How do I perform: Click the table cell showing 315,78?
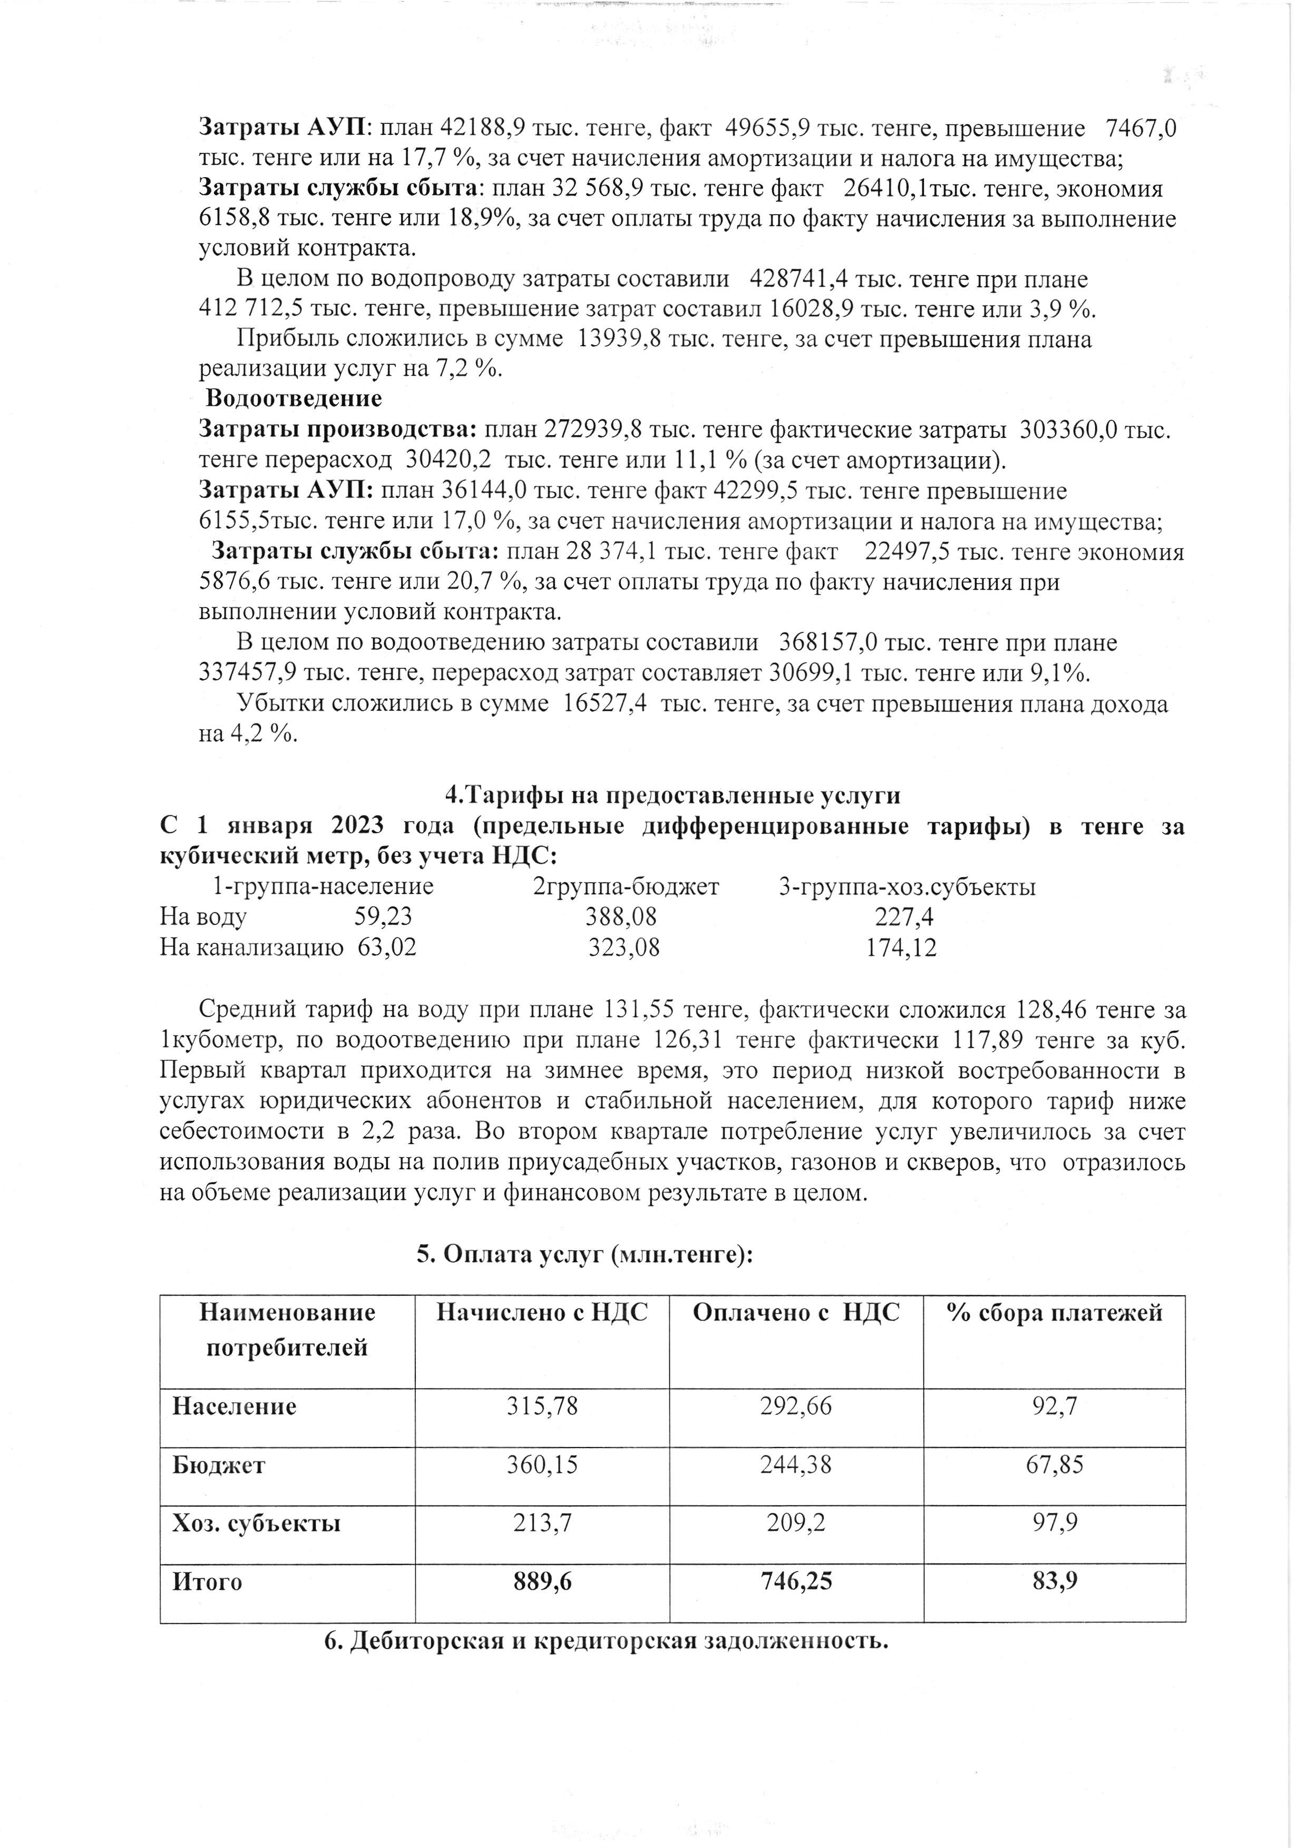point(542,1406)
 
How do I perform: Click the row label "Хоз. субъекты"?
point(256,1523)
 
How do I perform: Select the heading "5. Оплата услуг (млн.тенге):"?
point(584,1255)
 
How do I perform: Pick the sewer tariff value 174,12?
point(901,947)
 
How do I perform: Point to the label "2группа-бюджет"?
point(626,887)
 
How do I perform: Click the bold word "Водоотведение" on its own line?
point(294,398)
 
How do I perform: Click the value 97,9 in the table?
point(1054,1523)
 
